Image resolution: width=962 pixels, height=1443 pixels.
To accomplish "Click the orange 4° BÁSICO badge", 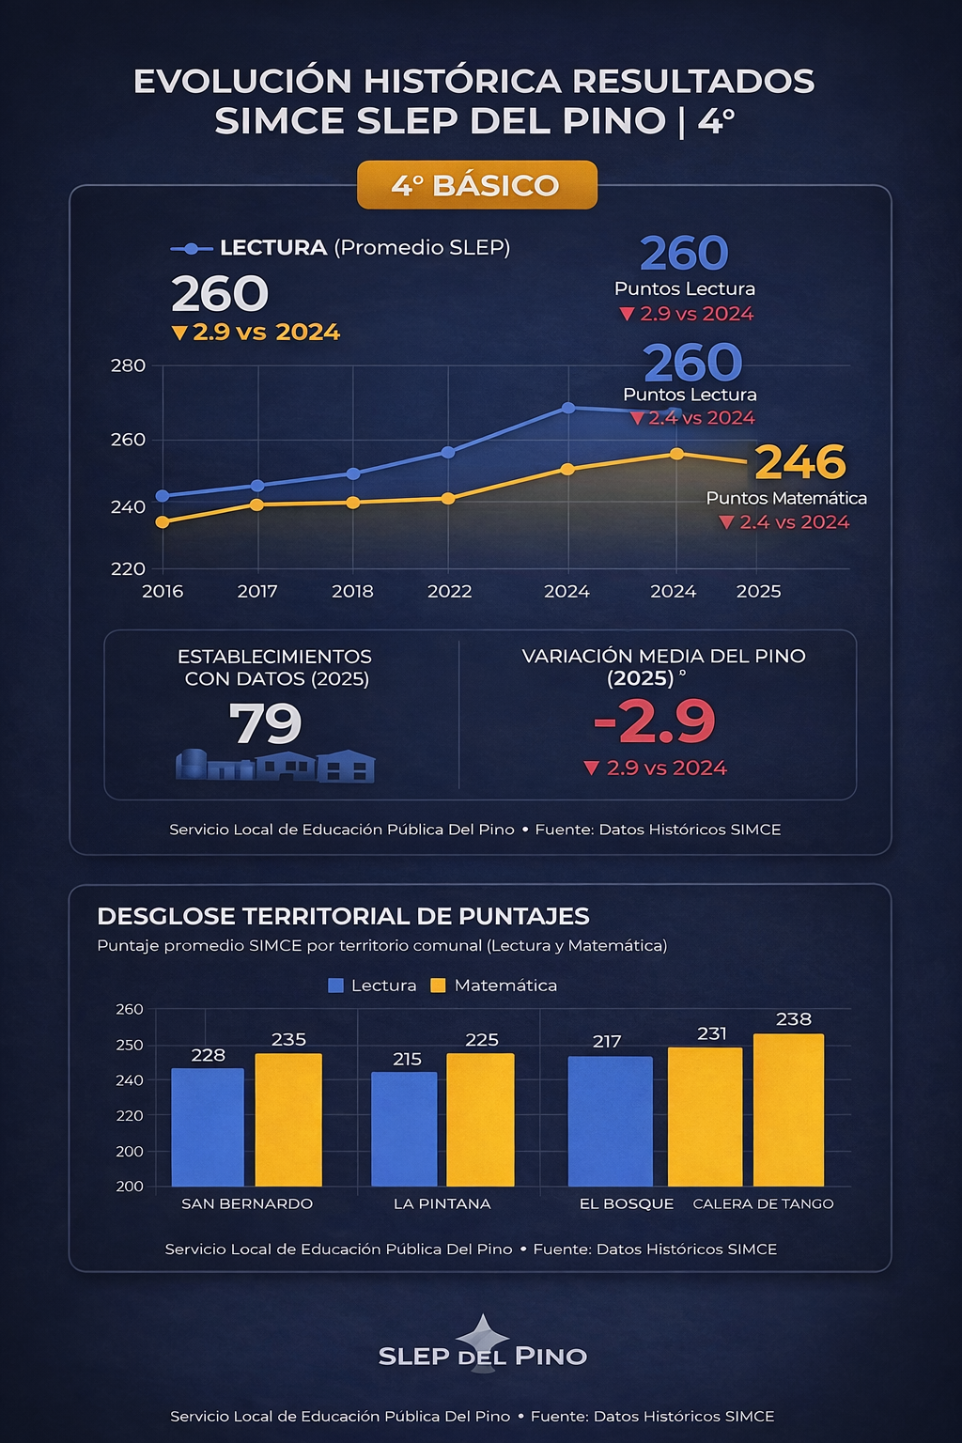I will [476, 185].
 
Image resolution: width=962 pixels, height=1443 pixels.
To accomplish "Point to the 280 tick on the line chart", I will [129, 365].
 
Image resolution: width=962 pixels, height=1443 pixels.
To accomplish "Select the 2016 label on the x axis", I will [163, 591].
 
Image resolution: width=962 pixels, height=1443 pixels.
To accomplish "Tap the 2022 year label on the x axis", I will [449, 591].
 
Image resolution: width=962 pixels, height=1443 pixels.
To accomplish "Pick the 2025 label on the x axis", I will [758, 591].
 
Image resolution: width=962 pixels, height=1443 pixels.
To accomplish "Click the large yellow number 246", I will [800, 461].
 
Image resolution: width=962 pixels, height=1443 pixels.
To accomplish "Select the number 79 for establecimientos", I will [266, 723].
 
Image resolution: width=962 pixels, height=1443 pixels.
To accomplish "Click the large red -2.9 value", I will [655, 721].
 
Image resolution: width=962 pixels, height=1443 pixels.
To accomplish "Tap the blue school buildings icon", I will [275, 766].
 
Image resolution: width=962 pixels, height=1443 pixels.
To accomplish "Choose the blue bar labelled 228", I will [208, 1126].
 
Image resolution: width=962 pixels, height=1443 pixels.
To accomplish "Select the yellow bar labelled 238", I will [788, 1109].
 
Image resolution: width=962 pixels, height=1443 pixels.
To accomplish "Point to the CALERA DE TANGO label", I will [763, 1203].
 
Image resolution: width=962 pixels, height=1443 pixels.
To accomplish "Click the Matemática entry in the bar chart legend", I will [494, 985].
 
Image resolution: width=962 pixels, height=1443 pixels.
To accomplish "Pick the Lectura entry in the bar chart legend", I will [373, 985].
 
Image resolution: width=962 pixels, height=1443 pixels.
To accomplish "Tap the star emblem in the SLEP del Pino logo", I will [483, 1334].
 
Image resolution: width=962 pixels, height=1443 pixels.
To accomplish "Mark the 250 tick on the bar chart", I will [130, 1045].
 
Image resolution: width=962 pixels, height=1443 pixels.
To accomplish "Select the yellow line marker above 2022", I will [448, 498].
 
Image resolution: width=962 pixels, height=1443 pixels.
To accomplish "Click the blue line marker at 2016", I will [163, 495].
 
